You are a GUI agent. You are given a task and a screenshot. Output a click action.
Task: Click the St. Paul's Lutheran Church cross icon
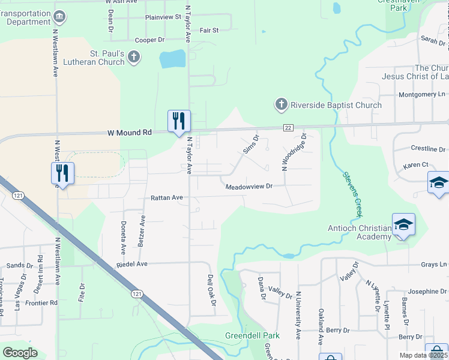tap(134, 58)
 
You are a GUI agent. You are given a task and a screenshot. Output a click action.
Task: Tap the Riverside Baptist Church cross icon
tap(280, 105)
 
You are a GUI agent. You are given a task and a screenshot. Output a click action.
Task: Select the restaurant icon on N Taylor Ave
tap(179, 121)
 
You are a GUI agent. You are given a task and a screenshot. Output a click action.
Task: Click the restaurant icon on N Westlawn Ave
tap(62, 173)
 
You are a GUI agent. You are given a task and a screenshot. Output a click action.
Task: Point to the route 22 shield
tap(288, 127)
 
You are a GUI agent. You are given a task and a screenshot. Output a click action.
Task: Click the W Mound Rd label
tap(128, 133)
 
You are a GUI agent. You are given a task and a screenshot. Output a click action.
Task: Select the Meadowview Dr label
tap(249, 187)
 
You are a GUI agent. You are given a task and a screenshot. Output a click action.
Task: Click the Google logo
tap(20, 352)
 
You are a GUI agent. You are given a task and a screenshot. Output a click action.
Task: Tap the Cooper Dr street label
tap(149, 40)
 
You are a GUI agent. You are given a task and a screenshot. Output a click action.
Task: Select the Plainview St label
tap(163, 17)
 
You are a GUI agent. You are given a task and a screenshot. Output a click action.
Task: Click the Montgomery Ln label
tap(423, 95)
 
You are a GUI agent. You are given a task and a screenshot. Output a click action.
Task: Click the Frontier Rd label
tap(42, 303)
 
